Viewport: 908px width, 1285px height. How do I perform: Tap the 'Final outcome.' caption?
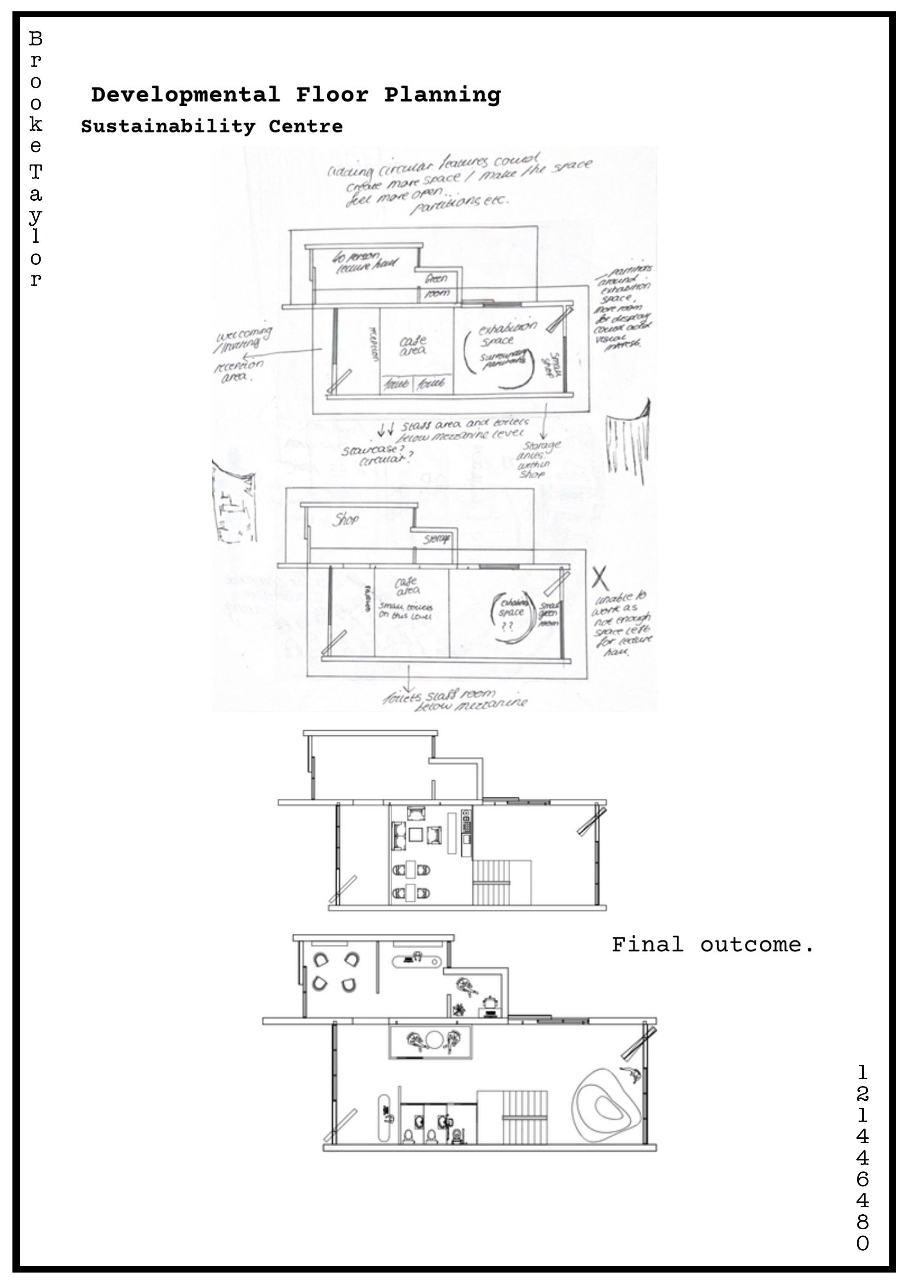[713, 945]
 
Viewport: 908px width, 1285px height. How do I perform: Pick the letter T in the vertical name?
[35, 171]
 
